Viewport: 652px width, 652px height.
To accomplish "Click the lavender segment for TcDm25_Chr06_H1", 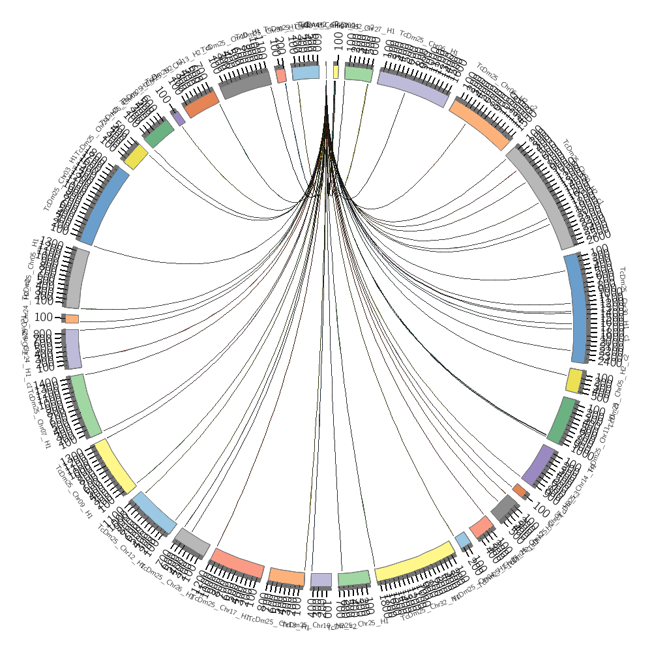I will [412, 87].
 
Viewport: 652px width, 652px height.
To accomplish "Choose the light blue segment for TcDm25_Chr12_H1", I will [153, 512].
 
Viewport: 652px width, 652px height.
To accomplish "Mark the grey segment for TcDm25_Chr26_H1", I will [192, 542].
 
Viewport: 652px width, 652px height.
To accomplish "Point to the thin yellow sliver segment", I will [336, 71].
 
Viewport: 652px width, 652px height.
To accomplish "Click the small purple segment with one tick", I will [177, 117].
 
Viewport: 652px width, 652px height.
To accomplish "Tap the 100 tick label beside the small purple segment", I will [163, 100].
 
